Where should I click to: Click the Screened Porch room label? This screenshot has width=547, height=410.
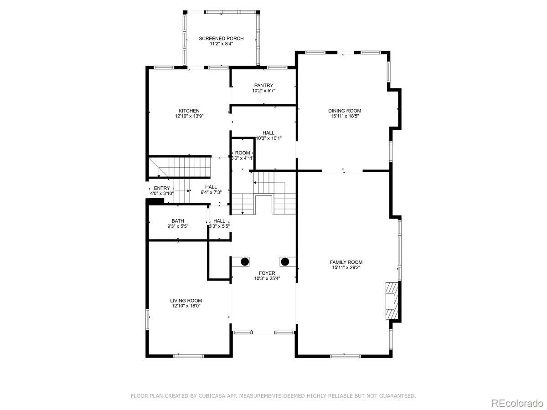click(x=221, y=39)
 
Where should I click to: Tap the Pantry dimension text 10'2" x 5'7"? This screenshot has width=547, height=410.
click(x=263, y=91)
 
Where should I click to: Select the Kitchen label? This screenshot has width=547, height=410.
click(x=189, y=111)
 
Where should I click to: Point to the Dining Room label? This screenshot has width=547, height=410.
click(x=345, y=111)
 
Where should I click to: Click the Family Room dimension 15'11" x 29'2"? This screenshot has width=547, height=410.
click(x=346, y=267)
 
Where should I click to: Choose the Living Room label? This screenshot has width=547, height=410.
click(x=186, y=301)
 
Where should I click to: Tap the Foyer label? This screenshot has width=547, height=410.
click(x=267, y=273)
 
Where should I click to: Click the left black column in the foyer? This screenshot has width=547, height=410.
click(x=245, y=261)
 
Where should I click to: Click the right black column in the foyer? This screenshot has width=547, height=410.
click(x=285, y=261)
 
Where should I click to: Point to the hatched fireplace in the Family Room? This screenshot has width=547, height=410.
click(x=392, y=301)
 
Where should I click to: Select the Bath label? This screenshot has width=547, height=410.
click(x=178, y=221)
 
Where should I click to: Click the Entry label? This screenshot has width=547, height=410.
click(x=162, y=188)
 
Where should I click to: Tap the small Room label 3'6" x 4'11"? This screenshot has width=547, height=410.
click(x=243, y=153)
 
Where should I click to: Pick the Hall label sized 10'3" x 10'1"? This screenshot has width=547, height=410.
click(x=268, y=133)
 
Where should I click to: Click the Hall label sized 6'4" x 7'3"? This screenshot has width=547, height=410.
click(x=211, y=187)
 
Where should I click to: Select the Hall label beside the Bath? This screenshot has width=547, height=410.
click(x=219, y=221)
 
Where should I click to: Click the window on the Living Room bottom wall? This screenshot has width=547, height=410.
click(x=189, y=356)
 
